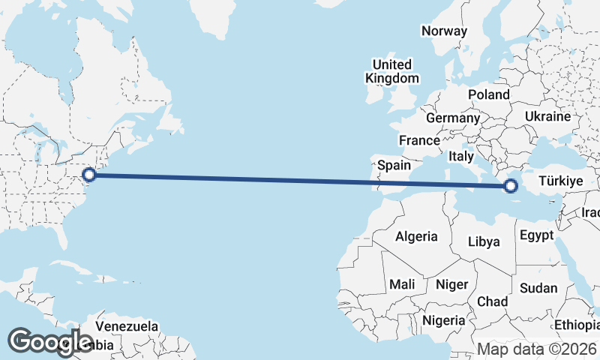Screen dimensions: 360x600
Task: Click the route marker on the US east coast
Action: pos(89,175)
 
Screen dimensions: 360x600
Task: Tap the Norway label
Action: pos(444,31)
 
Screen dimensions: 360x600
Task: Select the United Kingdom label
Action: pos(391,71)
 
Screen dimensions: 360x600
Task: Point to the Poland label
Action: pos(488,94)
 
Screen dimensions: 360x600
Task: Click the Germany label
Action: pos(452,118)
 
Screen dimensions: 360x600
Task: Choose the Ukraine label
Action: pos(548,117)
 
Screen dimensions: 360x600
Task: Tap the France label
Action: pos(419,140)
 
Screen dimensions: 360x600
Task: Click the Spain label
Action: pos(394,165)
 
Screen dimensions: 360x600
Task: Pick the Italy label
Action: pos(460,157)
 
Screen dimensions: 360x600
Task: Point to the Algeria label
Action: pos(416,236)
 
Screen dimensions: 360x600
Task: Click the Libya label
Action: pos(483,241)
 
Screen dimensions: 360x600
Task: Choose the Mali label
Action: pos(402,284)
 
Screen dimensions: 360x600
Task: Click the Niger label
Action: pos(451,284)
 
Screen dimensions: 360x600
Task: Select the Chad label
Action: pos(492,301)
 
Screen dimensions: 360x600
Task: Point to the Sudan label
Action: pos(538,288)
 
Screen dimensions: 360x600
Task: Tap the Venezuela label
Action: pos(127,326)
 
